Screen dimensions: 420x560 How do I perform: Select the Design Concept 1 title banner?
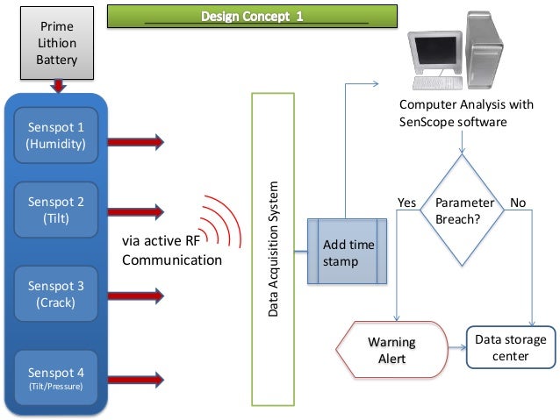coord(253,17)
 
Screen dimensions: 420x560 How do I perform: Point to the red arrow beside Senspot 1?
coord(135,140)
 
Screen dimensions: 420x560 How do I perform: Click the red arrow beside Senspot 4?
coord(135,380)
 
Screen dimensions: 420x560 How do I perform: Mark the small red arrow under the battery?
coord(59,85)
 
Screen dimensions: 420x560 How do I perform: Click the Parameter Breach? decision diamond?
coord(464,211)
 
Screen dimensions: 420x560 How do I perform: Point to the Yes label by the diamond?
coord(407,203)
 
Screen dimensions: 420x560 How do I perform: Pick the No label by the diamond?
coord(518,203)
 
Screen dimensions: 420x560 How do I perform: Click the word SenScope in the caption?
coord(426,122)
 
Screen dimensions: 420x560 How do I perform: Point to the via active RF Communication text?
coord(171,250)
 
